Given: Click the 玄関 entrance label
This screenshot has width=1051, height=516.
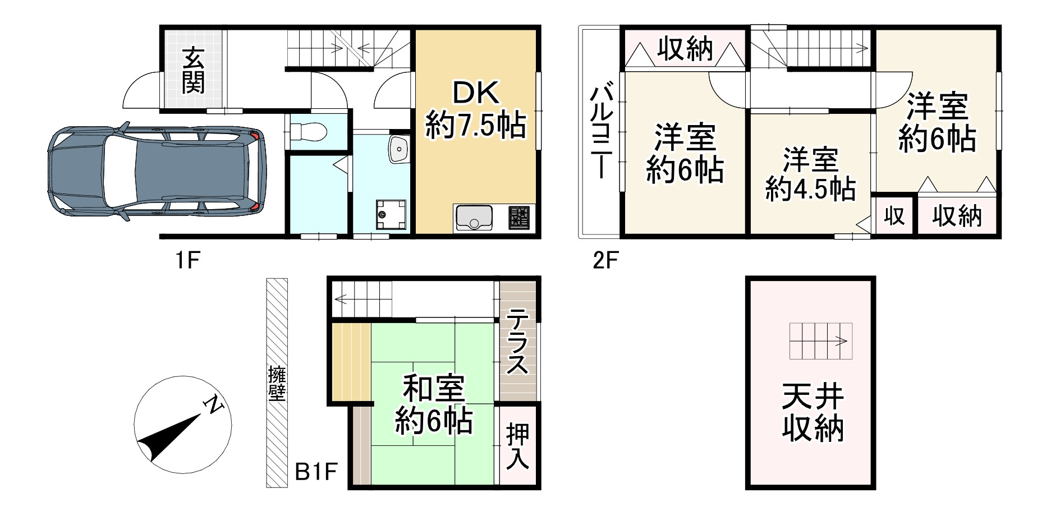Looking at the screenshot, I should pos(193,70).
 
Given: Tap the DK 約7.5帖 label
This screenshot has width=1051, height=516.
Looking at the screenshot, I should pos(475,110).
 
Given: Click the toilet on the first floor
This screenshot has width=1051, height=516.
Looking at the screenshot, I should pos(306,132).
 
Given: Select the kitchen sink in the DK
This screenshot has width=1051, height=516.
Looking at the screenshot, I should pos(474,218).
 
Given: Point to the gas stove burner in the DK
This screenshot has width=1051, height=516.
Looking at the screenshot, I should pos(519,218).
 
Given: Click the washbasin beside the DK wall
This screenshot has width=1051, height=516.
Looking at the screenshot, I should pos(399,149).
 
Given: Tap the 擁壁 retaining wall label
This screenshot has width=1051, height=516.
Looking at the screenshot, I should pos(277,383).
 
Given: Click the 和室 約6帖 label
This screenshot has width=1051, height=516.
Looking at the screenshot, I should pos(433,404).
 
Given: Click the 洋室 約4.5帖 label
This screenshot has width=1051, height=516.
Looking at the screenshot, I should pos(810,174).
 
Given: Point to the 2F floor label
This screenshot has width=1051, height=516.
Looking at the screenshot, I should pos(605,260).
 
